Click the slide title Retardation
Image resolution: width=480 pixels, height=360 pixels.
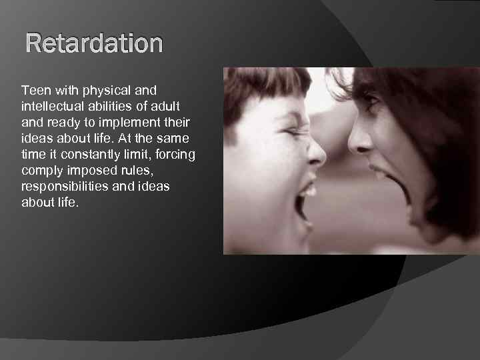94,44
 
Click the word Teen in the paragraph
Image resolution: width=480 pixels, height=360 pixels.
34,89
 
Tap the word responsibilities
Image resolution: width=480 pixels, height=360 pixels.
65,187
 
